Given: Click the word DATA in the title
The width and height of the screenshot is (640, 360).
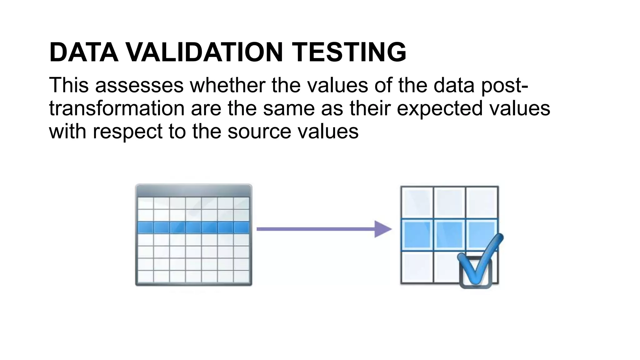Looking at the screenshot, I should [84, 52].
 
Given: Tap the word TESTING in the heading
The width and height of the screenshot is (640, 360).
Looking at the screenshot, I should [349, 52].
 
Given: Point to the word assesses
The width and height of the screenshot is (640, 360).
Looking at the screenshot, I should [139, 85].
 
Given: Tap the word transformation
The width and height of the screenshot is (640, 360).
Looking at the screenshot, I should [117, 108].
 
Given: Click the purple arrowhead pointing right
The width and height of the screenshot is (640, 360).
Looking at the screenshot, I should [382, 229].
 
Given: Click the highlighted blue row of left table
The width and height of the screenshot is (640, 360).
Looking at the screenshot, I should [193, 227].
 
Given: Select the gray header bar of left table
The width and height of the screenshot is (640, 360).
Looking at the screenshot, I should [193, 190].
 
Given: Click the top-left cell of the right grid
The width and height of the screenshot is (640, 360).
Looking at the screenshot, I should [417, 202].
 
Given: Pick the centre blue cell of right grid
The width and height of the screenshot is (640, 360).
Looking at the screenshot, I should [449, 235].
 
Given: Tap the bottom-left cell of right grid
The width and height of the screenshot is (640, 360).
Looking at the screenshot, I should [417, 267].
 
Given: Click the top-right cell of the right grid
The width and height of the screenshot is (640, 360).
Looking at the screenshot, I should [482, 202].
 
